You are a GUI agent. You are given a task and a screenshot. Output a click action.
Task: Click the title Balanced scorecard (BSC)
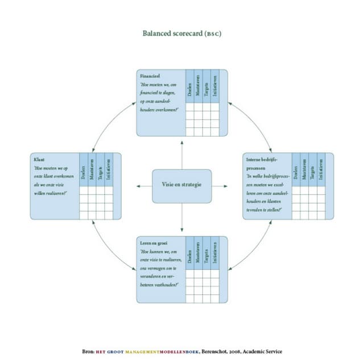pyautogui.click(x=182, y=33)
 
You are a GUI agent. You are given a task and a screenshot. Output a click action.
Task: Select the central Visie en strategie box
pyautogui.click(x=181, y=185)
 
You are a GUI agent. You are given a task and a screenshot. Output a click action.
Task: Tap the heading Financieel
pyautogui.click(x=150, y=75)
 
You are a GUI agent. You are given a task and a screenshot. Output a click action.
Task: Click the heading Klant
pyautogui.click(x=39, y=159)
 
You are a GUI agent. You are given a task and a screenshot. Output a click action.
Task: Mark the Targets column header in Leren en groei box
pyautogui.click(x=207, y=253)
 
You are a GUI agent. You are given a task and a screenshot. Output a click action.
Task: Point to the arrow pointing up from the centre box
pyautogui.click(x=181, y=151)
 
